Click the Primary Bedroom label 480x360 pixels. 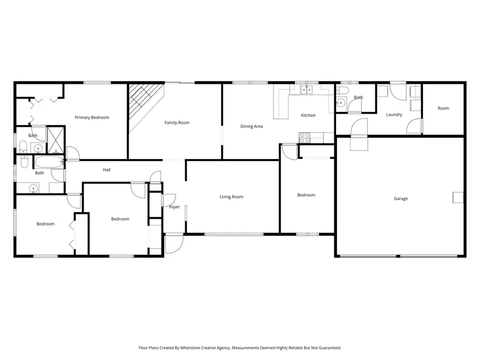coord(92,117)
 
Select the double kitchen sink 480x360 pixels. coord(306,90)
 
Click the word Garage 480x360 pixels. coord(401,199)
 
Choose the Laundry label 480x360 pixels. coord(394,115)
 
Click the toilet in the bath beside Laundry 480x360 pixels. coord(342,90)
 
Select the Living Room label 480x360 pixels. coord(231,197)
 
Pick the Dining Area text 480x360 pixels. coord(251,126)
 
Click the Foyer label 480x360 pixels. coord(174,207)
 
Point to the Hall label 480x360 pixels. coord(107,170)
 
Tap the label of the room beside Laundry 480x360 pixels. coord(443,108)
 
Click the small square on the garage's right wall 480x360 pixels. coord(458,197)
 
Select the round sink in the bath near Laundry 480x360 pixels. coord(341,103)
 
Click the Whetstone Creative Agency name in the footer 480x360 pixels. coord(204,348)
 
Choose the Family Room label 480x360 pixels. coord(177,123)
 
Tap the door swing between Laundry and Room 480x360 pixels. coord(414,126)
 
